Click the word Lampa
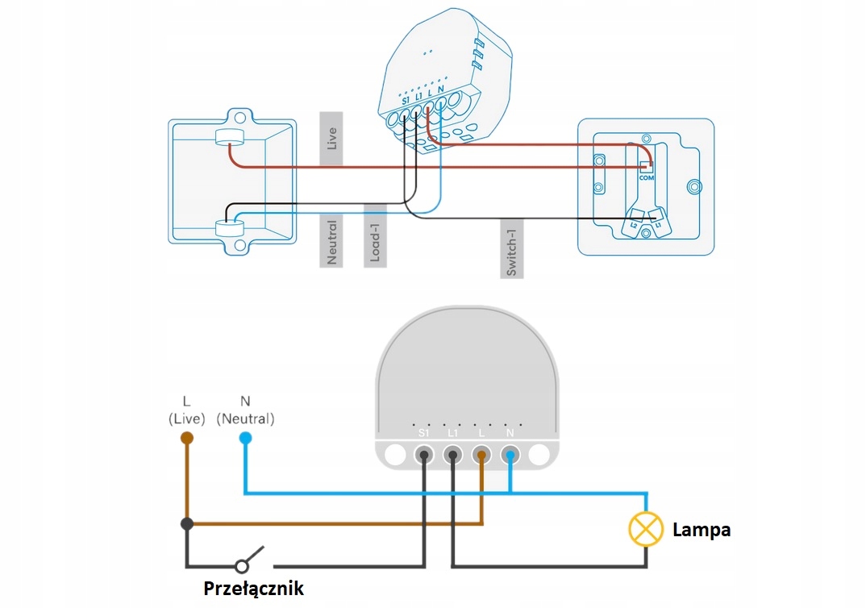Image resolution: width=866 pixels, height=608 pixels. coord(702,530)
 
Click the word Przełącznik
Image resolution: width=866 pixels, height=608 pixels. coord(253,589)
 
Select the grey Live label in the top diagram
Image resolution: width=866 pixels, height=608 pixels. coord(331,138)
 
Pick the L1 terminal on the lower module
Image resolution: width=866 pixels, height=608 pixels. coord(453,456)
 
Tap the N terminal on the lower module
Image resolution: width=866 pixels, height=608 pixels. coord(510,456)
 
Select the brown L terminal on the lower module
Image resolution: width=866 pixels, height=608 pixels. coord(481,456)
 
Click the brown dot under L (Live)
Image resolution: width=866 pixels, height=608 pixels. coord(187,438)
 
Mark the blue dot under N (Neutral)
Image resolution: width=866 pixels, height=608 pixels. coord(245,438)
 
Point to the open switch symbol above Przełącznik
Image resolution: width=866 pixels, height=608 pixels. coord(249,560)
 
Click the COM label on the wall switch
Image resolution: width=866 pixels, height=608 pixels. coord(646,178)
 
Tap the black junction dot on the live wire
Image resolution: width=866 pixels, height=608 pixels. coord(187,523)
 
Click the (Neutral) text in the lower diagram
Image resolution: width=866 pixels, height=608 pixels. coord(245,419)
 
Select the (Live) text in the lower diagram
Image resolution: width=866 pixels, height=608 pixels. coord(187,419)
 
